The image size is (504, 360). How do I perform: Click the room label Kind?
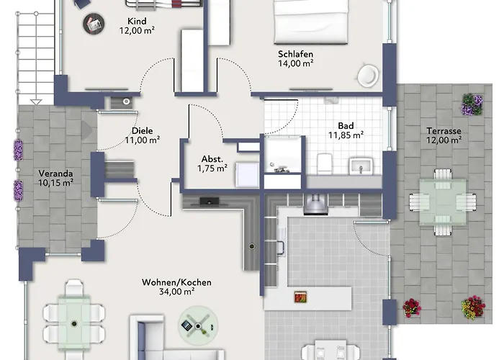point(137,21)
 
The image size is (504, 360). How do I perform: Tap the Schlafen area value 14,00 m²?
point(296,63)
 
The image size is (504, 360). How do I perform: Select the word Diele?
point(143,131)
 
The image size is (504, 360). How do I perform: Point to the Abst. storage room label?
point(212,159)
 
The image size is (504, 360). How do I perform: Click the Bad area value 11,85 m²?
point(346,135)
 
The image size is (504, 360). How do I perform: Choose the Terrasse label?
point(444,131)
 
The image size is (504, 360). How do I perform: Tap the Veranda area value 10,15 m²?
point(55,183)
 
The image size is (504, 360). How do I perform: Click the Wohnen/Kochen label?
point(176,282)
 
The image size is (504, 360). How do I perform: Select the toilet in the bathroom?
point(324,163)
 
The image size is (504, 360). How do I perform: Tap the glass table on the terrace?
point(443,202)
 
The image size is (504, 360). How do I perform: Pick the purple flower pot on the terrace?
point(472,104)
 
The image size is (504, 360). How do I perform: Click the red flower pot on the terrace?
point(412,307)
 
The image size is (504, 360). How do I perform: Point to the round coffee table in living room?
point(198,325)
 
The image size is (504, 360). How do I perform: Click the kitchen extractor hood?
point(315,204)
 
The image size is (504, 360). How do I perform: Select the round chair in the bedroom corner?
point(368,76)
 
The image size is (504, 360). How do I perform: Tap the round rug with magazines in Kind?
point(94,24)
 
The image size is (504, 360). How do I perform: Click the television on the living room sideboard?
point(210,202)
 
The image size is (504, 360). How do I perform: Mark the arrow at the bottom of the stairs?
point(36,102)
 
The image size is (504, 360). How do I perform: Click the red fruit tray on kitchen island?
point(300,297)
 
